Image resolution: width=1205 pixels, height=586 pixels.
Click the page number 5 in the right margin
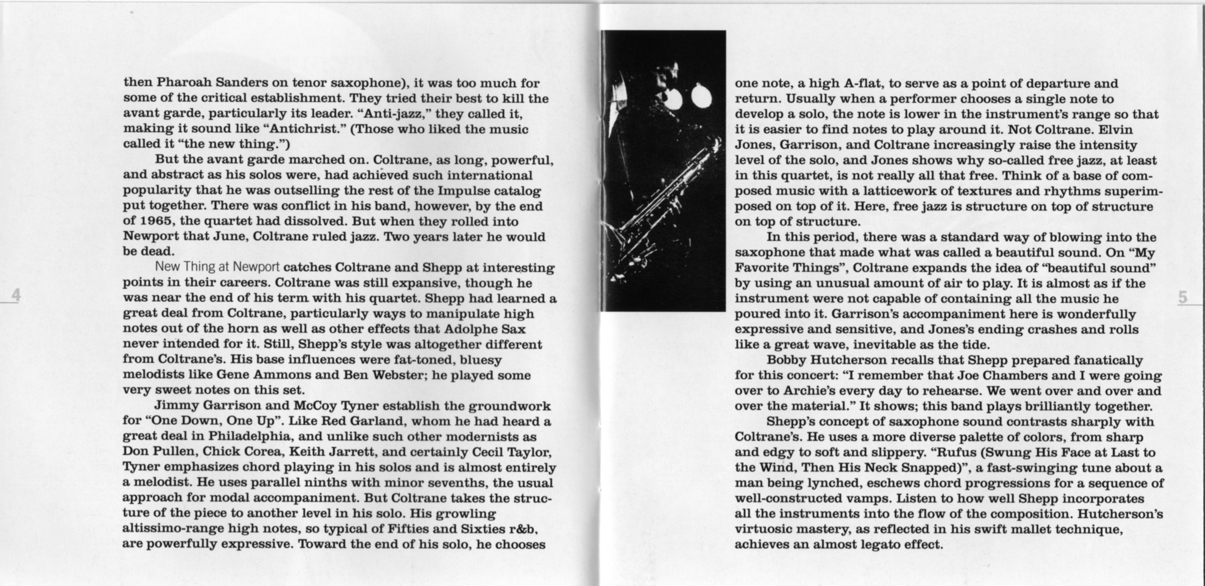pyautogui.click(x=1183, y=297)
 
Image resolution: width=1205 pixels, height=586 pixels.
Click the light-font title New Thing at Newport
pyautogui.click(x=217, y=267)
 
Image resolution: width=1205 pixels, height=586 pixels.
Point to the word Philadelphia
pyautogui.click(x=249, y=436)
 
